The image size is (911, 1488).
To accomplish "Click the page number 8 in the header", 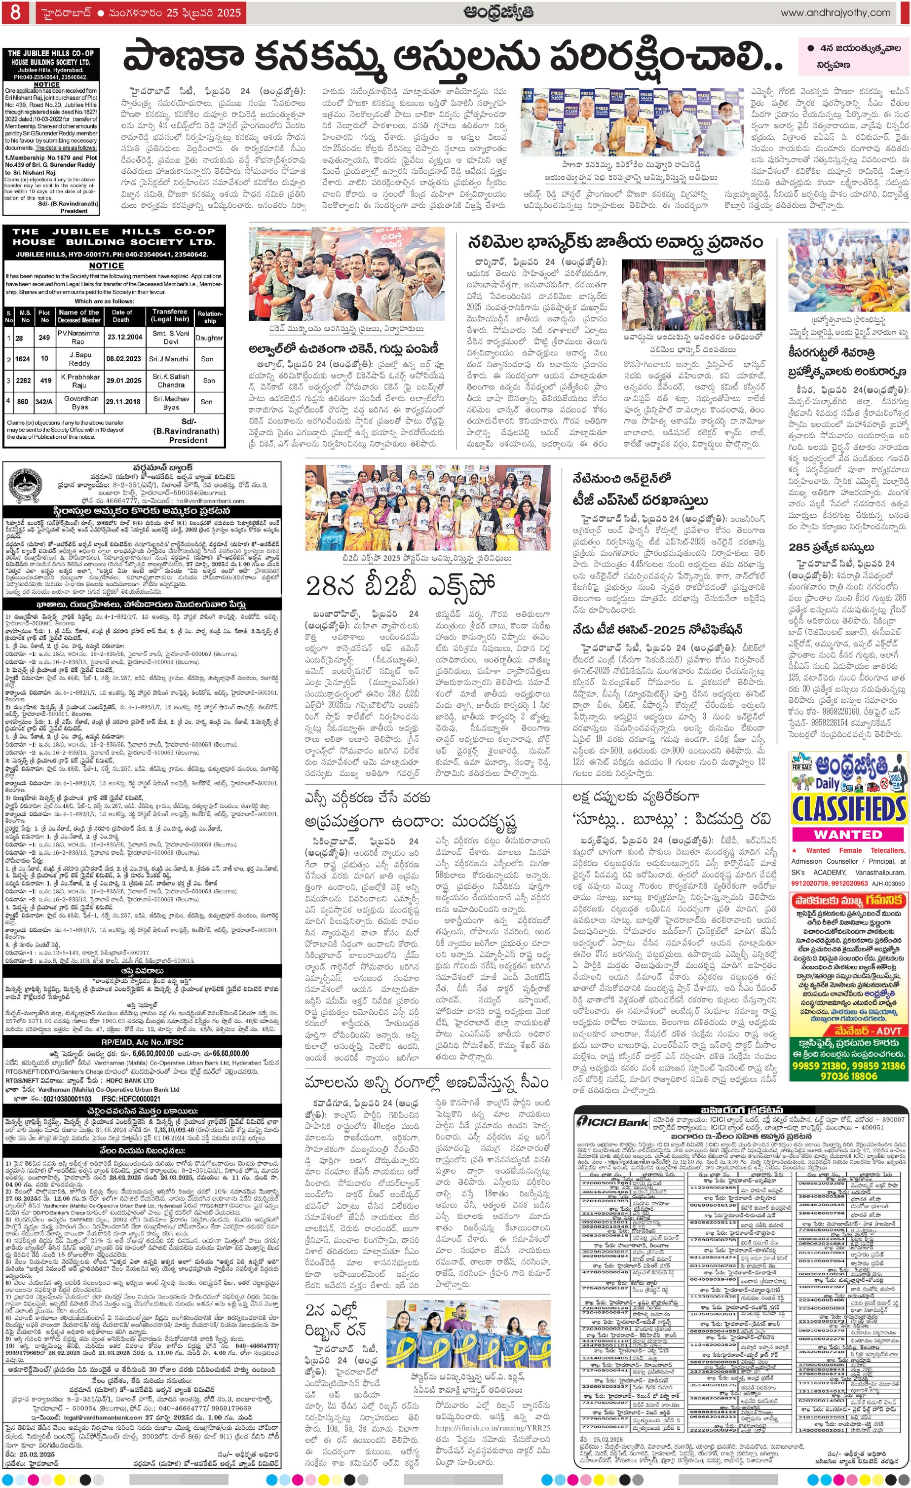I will pos(15,12).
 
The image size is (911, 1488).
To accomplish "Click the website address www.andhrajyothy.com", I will pos(835,13).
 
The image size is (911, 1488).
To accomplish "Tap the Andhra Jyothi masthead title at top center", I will pos(498,12).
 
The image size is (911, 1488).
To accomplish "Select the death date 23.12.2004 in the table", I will pos(124,337).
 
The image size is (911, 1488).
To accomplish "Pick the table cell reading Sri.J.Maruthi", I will pos(171,359).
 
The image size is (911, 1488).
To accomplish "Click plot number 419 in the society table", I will pos(45,381).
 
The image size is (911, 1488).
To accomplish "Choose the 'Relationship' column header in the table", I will pos(209,317).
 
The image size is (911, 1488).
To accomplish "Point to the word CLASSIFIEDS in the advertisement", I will pos(848,808).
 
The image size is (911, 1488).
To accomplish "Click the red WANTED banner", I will pos(848,835).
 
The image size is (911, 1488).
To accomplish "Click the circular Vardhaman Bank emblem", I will pos(25,485).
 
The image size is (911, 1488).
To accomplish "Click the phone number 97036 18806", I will pos(848,1075).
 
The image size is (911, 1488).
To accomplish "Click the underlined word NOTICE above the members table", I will pos(106,266).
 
